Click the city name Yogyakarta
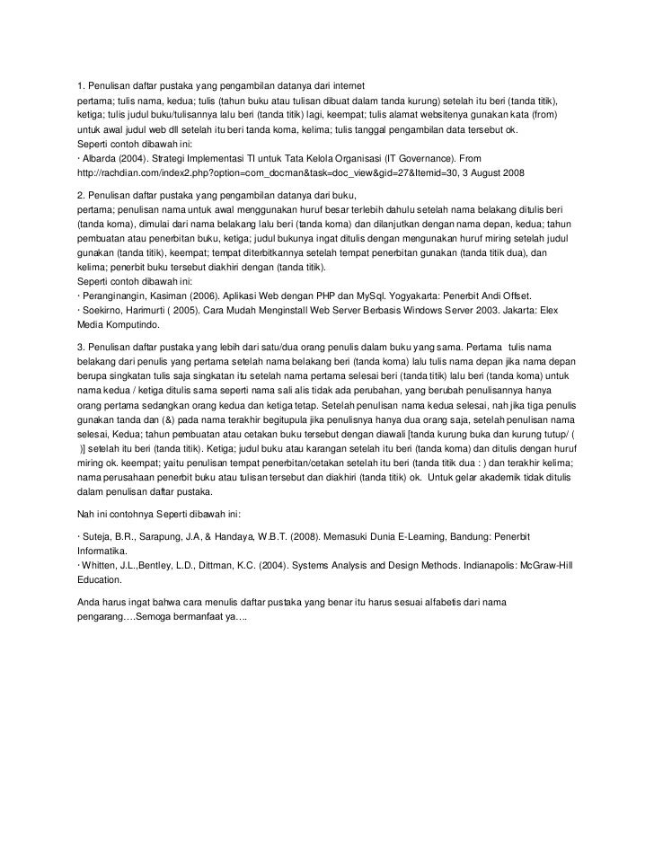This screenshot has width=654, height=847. point(402,296)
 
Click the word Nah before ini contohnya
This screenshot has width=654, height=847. point(88,513)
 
